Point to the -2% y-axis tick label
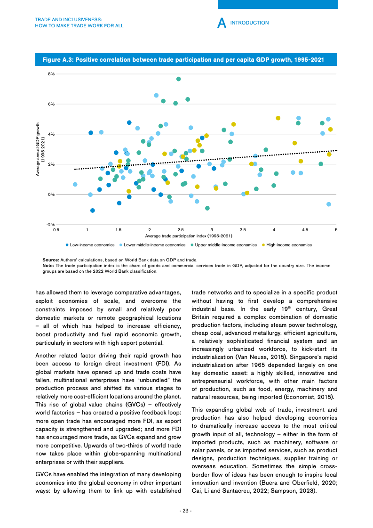click(51, 225)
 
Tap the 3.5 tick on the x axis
click(243, 230)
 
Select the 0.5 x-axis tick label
click(56, 230)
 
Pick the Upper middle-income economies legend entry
click(226, 245)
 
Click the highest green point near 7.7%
click(179, 79)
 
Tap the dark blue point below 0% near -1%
click(93, 211)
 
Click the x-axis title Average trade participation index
click(189, 236)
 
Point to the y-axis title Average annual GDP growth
click(39, 149)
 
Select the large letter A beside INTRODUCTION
click(221, 23)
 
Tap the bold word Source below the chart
click(50, 260)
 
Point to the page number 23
click(186, 511)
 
